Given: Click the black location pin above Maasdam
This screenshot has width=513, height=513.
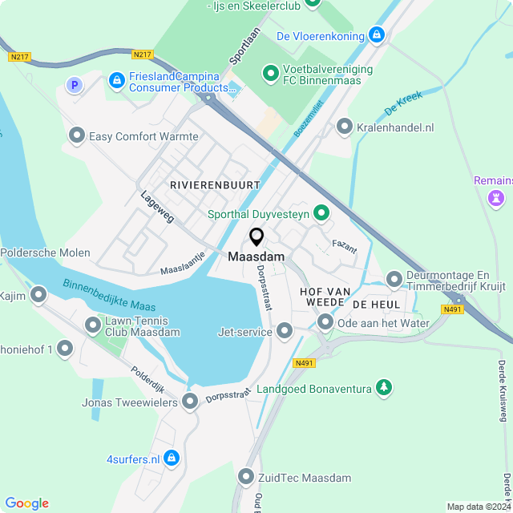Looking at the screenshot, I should pos(256,236).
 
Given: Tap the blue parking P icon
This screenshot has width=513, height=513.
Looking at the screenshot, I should pos(75,84).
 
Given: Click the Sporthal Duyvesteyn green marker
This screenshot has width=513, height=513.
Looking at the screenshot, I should pos(321,213).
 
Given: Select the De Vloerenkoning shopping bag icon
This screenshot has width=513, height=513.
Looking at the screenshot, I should pos(377,35).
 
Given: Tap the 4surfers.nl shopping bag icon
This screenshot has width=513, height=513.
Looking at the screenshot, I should pos(171,458).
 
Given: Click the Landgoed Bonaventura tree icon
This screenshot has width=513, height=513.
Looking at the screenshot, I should pos(385,389).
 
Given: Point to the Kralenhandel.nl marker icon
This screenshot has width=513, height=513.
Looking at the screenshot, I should pos(345,127).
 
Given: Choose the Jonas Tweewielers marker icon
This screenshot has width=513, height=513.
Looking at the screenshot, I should pos(190,402).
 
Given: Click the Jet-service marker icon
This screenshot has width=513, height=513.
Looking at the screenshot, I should pos(285,331).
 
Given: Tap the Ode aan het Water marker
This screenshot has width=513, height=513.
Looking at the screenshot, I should pos(325,323).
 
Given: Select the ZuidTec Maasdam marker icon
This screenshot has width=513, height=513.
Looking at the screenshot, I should pos(246,478).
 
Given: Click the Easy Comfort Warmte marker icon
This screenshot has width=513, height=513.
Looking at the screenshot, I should pos(77,136).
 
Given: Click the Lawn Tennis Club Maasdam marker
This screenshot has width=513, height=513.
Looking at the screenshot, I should pos(93,325).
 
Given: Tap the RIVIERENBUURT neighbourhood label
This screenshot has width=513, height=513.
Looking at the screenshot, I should pos(215,185).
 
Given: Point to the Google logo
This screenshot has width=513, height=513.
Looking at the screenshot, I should pos(27,503).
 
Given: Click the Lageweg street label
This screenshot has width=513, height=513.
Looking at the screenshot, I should pos(156,206).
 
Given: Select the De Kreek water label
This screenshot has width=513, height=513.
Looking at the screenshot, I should pos(402,104).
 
